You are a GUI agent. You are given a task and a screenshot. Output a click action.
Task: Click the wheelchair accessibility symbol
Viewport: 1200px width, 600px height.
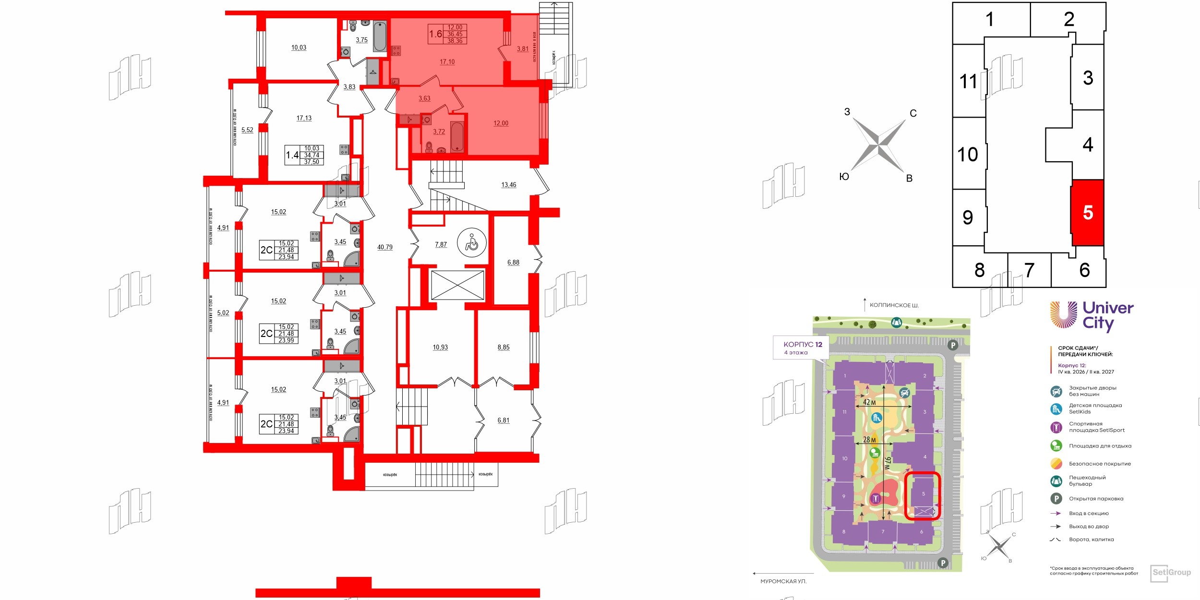pos(471,243)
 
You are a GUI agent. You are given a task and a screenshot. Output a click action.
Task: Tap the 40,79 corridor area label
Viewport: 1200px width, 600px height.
pos(384,247)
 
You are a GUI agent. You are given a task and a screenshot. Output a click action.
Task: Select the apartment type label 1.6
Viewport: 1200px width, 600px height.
pos(435,34)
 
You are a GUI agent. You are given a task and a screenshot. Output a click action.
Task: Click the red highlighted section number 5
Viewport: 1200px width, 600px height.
pos(1088,213)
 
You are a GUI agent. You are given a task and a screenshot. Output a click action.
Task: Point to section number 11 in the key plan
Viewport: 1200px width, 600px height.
pos(968,81)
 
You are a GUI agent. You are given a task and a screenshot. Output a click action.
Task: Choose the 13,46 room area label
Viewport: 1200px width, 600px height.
pos(508,185)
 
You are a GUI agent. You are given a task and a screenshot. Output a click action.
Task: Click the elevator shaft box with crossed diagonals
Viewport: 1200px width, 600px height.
pos(457,285)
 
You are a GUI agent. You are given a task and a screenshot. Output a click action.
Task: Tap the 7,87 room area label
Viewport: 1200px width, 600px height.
pos(441,244)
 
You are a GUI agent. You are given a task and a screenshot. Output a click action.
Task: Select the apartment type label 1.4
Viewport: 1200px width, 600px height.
pos(292,155)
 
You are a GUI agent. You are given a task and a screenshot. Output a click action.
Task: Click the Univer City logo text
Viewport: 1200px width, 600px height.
pos(1107,316)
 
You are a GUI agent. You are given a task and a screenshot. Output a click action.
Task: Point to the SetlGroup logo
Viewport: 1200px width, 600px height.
pos(1171,572)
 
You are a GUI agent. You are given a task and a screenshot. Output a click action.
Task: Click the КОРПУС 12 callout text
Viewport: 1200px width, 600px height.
pos(803,344)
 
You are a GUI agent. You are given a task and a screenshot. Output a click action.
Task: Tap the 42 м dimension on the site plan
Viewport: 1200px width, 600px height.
pos(869,402)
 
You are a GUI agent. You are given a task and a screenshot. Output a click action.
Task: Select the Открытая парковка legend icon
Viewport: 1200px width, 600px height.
pos(1056,499)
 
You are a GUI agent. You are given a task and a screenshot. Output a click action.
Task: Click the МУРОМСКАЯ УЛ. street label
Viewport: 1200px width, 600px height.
pos(783,581)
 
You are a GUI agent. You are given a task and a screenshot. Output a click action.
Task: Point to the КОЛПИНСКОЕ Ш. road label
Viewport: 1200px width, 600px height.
pos(894,305)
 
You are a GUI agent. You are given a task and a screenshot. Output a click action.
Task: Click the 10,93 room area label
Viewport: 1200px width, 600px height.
pos(440,347)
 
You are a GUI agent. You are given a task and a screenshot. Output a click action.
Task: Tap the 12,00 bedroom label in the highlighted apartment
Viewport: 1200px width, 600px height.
pos(501,123)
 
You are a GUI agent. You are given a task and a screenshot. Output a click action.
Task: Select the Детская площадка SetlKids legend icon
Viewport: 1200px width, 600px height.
pos(1056,408)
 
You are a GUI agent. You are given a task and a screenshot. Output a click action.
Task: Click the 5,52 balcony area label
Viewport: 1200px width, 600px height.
pos(247,130)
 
